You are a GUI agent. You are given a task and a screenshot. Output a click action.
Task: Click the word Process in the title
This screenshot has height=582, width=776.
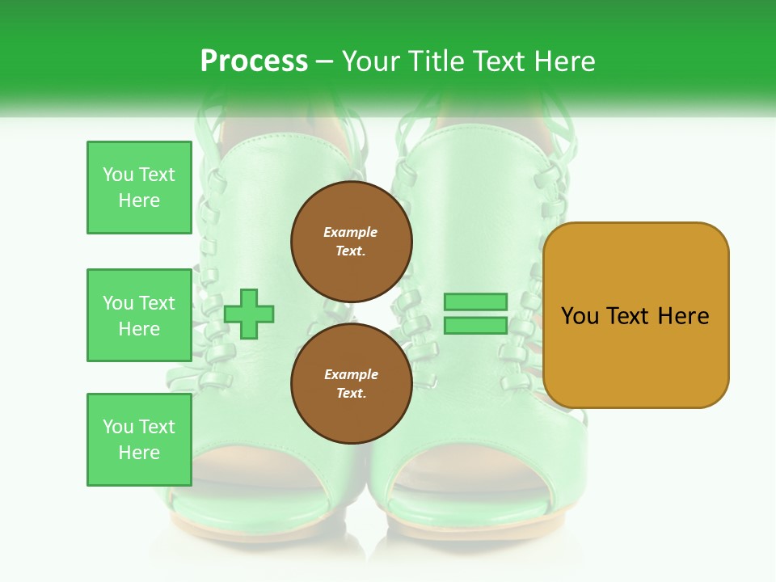point(254,61)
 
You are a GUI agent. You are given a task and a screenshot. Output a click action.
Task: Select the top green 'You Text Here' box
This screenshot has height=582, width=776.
point(139,188)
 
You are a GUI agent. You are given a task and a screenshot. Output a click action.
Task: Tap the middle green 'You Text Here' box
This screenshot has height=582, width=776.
point(139,315)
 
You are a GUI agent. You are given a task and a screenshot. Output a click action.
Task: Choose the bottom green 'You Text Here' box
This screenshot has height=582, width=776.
point(139,440)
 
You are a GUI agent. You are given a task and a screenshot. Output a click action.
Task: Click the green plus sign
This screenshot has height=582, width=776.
point(249,314)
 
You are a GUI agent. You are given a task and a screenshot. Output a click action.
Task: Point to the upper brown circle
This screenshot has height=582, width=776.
point(352,241)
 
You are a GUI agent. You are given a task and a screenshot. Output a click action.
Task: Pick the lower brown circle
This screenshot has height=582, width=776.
point(352,384)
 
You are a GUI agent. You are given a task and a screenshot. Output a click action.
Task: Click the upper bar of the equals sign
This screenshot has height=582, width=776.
point(475,302)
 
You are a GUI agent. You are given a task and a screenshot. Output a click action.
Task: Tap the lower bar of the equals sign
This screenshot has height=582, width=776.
point(475,326)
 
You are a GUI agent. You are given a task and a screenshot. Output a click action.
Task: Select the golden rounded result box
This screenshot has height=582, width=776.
point(635,315)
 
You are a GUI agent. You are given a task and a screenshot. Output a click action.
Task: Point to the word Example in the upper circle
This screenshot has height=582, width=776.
point(351,232)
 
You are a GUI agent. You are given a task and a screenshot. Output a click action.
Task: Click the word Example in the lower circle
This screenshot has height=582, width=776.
point(351,374)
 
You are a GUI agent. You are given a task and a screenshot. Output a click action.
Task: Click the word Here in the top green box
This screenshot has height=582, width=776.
point(139,200)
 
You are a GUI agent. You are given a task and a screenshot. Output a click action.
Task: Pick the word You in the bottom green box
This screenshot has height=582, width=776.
point(118,427)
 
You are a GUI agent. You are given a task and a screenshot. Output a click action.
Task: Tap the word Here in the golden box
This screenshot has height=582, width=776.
point(684,316)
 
